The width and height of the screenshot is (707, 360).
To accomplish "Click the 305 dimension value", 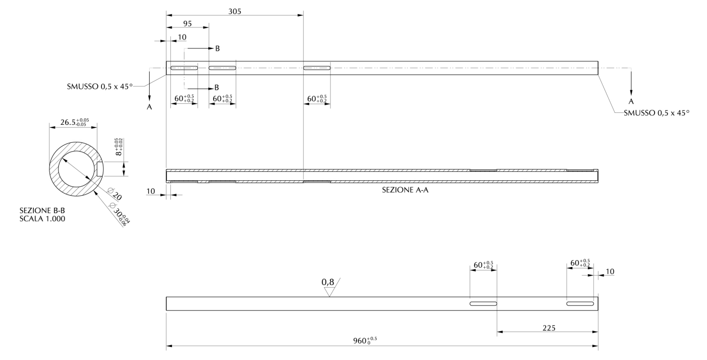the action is pyautogui.click(x=235, y=11).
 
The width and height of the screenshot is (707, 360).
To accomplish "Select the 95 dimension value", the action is pyautogui.click(x=187, y=23).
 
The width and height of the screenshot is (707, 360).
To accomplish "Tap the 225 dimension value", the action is pyautogui.click(x=549, y=328).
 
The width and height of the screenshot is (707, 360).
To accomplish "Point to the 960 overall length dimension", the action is pyautogui.click(x=365, y=341).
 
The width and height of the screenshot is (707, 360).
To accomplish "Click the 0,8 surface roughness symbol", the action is pyautogui.click(x=330, y=287).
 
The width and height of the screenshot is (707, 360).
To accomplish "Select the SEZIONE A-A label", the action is pyautogui.click(x=405, y=190).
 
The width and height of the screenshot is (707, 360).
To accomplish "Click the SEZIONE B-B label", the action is pyautogui.click(x=42, y=210).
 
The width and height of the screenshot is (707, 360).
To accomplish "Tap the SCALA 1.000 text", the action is pyautogui.click(x=42, y=219).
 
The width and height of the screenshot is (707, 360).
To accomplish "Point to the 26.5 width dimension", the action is pyautogui.click(x=74, y=122).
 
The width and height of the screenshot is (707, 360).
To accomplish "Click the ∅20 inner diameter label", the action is pyautogui.click(x=114, y=194).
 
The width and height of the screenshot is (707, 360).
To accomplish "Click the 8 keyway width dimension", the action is pyautogui.click(x=119, y=147).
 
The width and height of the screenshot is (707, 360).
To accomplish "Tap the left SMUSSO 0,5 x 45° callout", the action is pyautogui.click(x=100, y=86).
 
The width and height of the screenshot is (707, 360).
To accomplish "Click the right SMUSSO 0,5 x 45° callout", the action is pyautogui.click(x=657, y=113).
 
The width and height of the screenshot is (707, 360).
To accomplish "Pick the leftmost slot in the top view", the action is pyautogui.click(x=184, y=68).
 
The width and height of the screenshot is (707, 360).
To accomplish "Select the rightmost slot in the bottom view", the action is pyautogui.click(x=580, y=304).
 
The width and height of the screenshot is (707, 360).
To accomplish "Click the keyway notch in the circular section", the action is pyautogui.click(x=100, y=169).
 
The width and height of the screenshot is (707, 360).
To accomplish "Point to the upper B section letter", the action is pyautogui.click(x=218, y=48).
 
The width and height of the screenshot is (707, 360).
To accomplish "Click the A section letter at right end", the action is pyautogui.click(x=631, y=101).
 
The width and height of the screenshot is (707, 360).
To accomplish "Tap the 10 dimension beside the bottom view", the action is pyautogui.click(x=610, y=272).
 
